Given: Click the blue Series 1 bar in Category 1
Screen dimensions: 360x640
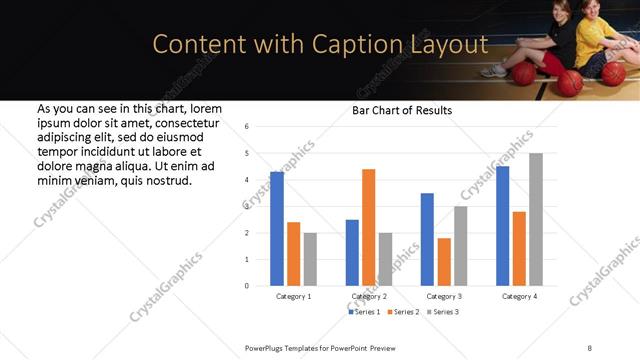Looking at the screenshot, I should (x=277, y=229).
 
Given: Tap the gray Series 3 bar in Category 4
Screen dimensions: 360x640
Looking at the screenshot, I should (x=536, y=220).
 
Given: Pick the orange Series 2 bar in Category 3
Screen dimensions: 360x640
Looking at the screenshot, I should (x=444, y=262).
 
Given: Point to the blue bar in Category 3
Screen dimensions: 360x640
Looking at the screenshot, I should (x=427, y=239).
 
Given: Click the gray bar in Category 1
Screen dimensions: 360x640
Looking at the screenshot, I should (x=310, y=259).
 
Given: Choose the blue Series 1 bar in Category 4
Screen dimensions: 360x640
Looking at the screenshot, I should (x=502, y=226).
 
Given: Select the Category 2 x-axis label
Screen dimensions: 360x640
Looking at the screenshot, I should (x=368, y=297).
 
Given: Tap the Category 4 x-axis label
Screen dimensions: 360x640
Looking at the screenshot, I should (x=519, y=297).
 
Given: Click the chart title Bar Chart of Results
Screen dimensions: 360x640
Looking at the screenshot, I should (x=402, y=110).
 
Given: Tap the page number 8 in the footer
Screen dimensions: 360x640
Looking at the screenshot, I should (x=589, y=347).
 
